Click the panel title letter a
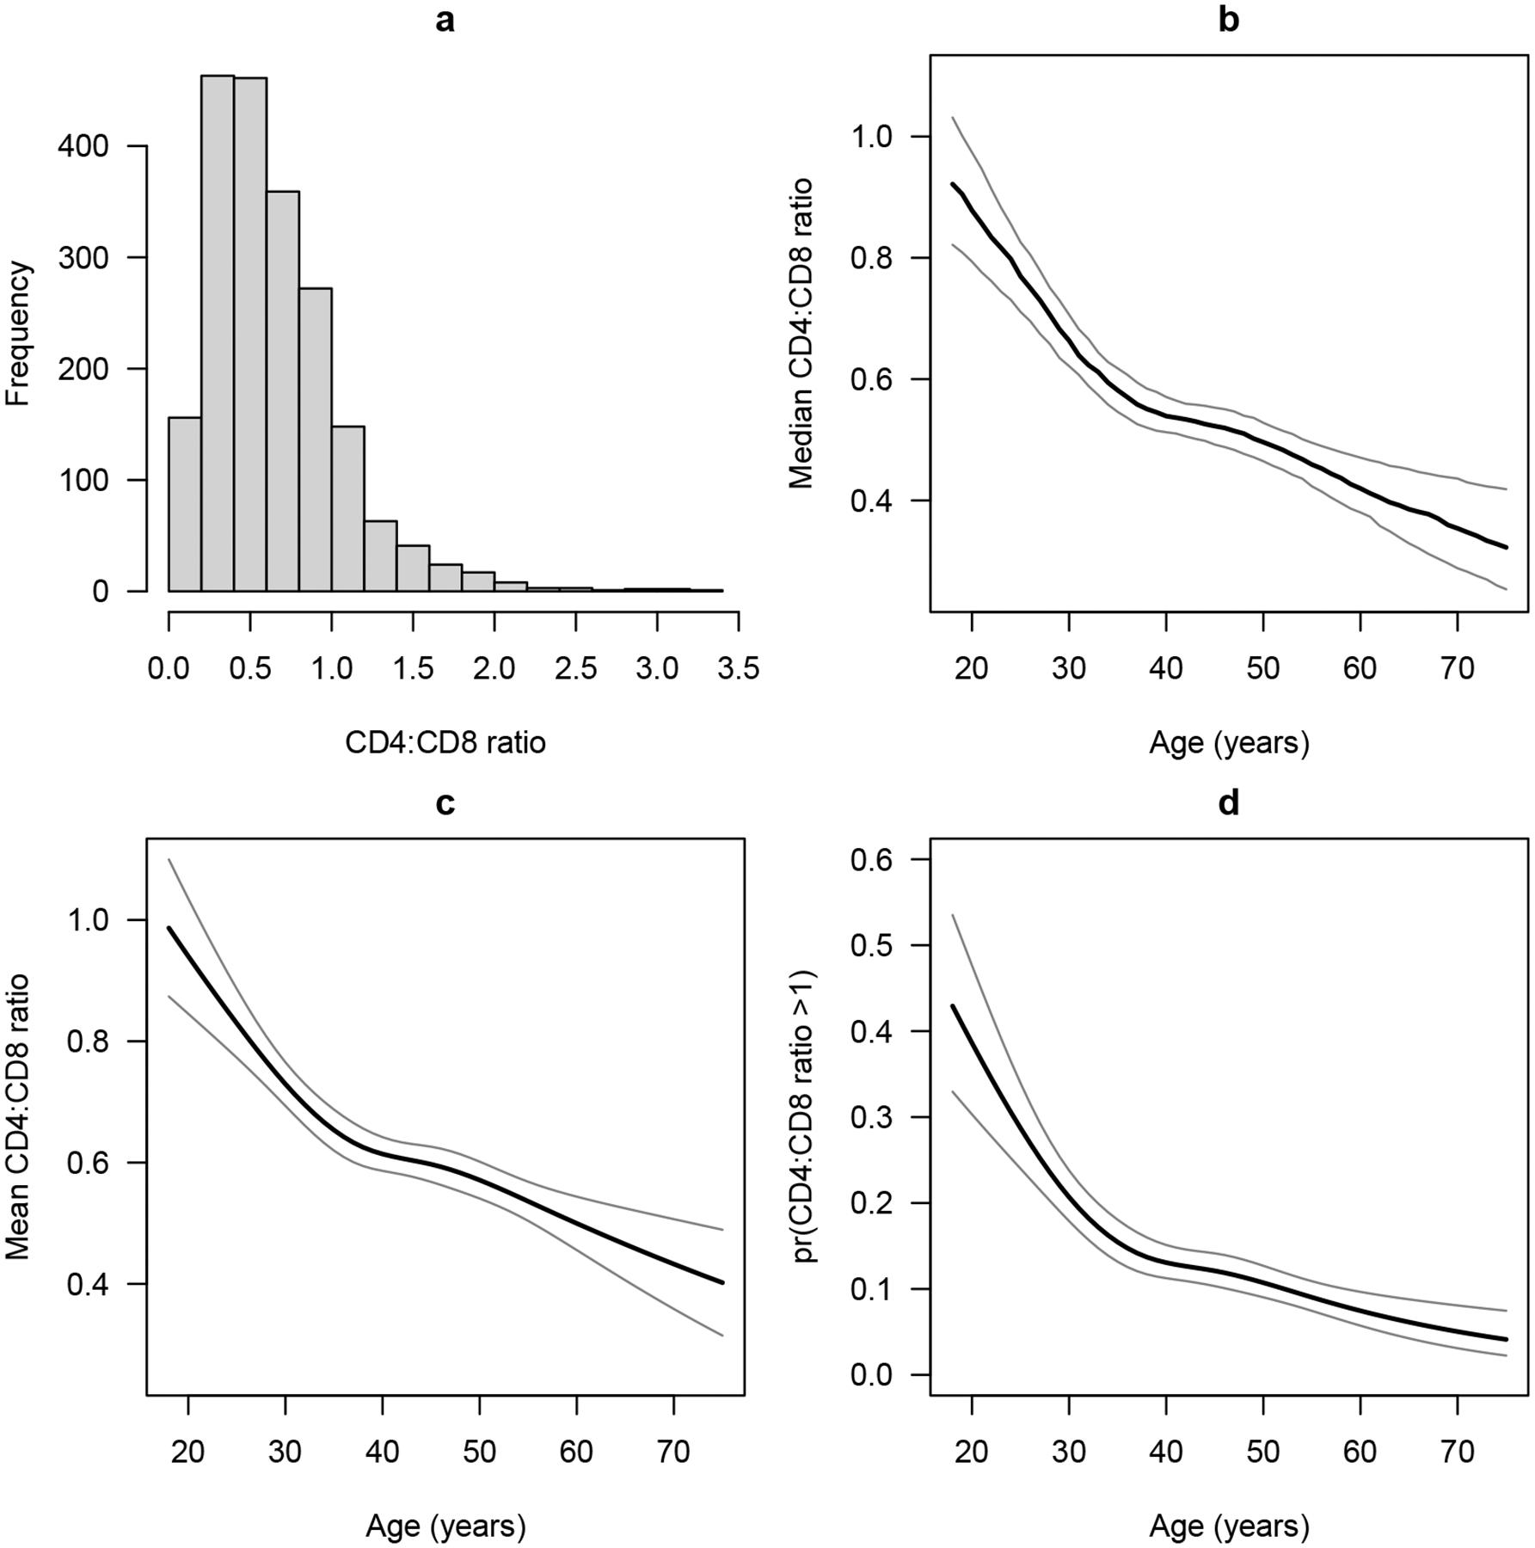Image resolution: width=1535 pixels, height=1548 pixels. tap(445, 20)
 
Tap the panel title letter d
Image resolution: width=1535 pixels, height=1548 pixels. tap(1229, 802)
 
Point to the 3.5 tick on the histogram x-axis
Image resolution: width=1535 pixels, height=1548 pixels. tap(738, 668)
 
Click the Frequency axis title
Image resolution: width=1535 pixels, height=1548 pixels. tap(18, 334)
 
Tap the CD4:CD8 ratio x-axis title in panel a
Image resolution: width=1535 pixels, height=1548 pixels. tap(445, 742)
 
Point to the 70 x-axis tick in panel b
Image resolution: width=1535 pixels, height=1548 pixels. tap(1457, 668)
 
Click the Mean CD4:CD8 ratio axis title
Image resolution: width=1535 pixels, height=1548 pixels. tap(18, 1117)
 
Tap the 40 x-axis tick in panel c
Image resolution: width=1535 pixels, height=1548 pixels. tap(382, 1452)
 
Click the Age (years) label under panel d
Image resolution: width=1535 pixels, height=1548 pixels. tap(1229, 1526)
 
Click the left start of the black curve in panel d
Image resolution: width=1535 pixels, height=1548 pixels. tap(953, 1005)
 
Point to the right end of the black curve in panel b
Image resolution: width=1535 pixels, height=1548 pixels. tap(1507, 547)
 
